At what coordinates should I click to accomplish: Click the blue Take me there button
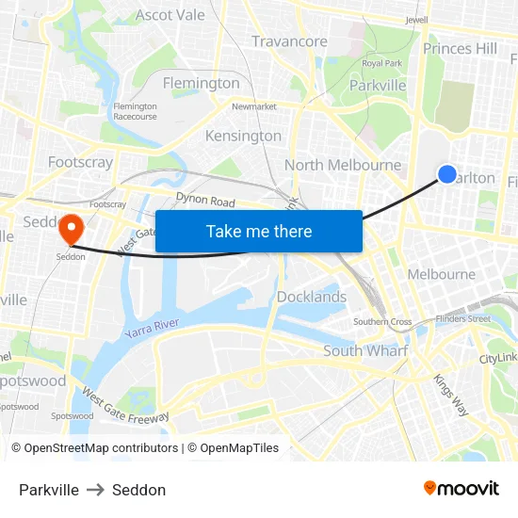tap(259, 231)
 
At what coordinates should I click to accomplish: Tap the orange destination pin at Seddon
tap(71, 229)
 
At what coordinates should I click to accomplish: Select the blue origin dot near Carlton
tap(447, 173)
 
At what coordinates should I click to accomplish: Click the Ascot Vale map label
tap(170, 15)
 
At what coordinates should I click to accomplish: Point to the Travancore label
tap(289, 41)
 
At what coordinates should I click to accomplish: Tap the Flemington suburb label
tap(202, 83)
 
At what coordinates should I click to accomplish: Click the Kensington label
tap(243, 136)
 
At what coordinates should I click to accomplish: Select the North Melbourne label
tap(343, 165)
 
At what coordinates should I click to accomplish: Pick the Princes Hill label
tap(461, 48)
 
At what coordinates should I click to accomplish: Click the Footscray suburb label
tap(80, 162)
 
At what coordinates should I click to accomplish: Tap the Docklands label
tap(312, 297)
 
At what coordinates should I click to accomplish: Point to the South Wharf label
tap(365, 350)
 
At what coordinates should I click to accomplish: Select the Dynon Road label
tap(205, 201)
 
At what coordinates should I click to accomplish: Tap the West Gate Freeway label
tap(125, 406)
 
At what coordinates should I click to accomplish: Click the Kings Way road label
tap(450, 395)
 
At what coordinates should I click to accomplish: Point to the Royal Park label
tap(381, 63)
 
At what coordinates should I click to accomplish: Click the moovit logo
tap(461, 489)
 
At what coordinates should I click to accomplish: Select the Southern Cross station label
tap(382, 322)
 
